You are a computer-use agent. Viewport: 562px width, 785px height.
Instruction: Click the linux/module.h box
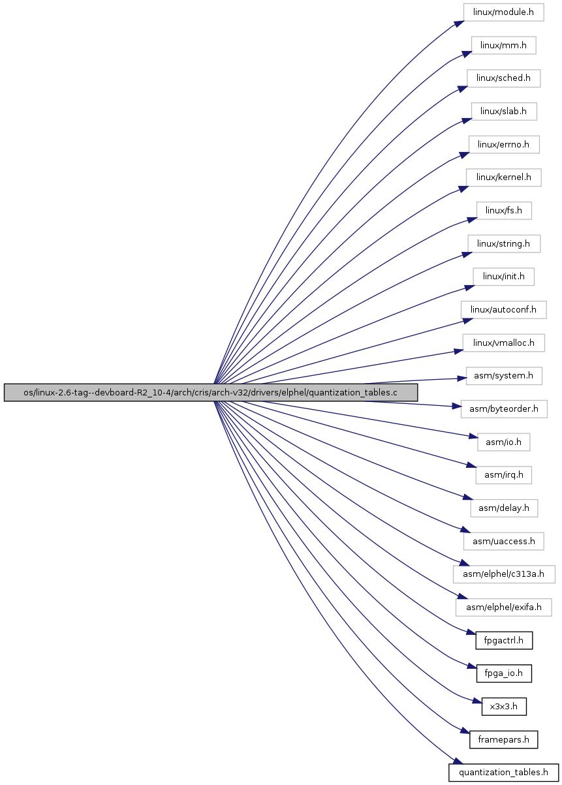(x=503, y=12)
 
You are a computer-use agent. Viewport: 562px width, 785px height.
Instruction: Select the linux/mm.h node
(x=503, y=45)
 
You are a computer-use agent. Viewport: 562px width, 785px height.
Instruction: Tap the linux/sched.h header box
(x=503, y=78)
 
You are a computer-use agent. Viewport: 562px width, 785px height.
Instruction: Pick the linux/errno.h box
(x=504, y=144)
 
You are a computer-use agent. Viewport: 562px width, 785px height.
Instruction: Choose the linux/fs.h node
(x=504, y=211)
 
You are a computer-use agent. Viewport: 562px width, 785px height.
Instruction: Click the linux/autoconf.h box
(x=503, y=310)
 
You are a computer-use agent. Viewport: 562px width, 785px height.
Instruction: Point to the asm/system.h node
(x=504, y=376)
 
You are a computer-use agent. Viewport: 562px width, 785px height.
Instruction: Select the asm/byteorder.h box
(x=504, y=409)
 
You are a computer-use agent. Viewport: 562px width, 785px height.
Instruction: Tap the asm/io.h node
(x=503, y=442)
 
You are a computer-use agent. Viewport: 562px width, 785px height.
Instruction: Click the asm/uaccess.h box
(x=503, y=542)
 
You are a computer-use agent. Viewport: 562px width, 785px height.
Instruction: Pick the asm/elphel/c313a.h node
(x=504, y=574)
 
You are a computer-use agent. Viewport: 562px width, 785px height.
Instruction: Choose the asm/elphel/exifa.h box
(x=503, y=608)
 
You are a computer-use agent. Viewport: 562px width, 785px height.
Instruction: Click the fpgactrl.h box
(x=504, y=641)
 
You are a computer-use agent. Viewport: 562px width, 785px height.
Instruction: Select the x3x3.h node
(x=504, y=707)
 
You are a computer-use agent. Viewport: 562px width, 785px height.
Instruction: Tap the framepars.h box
(x=503, y=739)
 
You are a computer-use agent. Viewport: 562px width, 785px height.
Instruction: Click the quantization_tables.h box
(x=503, y=773)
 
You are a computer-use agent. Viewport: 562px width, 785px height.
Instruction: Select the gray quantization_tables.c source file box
(x=211, y=393)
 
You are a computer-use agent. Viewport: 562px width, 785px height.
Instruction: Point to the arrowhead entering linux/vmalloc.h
(x=459, y=351)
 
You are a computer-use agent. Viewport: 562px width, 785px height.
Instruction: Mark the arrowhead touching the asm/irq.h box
(x=471, y=466)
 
